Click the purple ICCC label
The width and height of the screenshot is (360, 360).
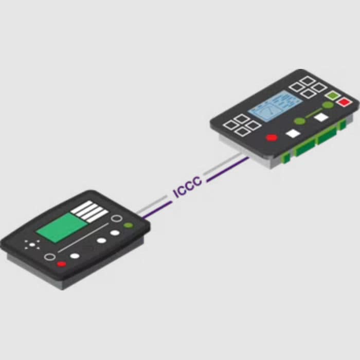[188, 187]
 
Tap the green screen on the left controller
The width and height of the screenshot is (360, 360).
[62, 227]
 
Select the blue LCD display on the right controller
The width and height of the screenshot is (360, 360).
[275, 106]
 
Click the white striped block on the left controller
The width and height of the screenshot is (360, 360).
[89, 211]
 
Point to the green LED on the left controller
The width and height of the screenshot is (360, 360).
[128, 225]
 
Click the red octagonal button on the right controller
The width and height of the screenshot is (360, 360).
[272, 137]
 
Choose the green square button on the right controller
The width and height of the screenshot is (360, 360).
[332, 95]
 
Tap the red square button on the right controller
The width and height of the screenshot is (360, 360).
[344, 102]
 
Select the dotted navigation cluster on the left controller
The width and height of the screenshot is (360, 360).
[32, 244]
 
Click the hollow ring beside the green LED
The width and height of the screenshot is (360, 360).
[117, 219]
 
